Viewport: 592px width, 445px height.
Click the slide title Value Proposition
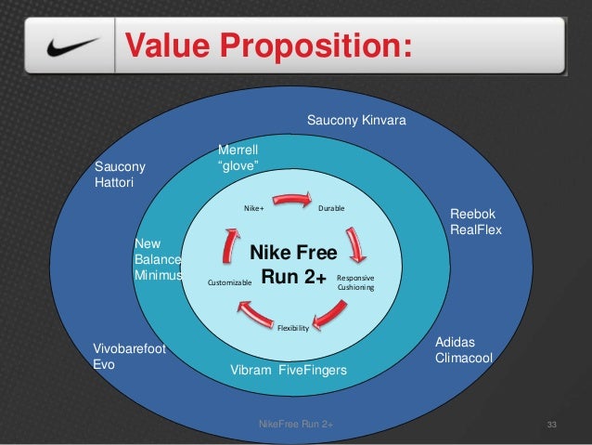267,44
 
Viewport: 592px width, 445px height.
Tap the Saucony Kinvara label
357,122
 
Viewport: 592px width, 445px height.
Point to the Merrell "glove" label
238,158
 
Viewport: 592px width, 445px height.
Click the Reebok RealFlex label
475,220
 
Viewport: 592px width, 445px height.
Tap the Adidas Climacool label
463,350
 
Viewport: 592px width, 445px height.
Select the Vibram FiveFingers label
288,371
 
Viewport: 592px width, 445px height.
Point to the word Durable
331,208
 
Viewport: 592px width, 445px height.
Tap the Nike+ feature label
253,208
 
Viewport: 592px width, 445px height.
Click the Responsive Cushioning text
354,282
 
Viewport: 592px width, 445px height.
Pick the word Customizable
228,281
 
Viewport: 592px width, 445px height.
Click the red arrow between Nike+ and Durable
293,198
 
